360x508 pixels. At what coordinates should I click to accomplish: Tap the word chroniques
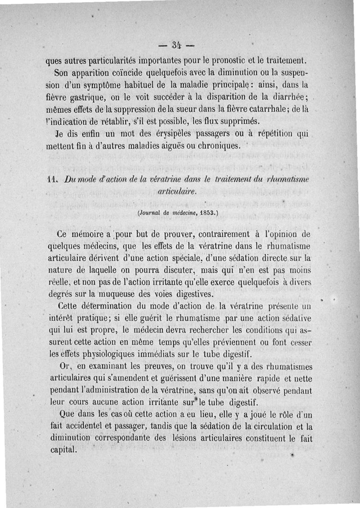click(x=216, y=146)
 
